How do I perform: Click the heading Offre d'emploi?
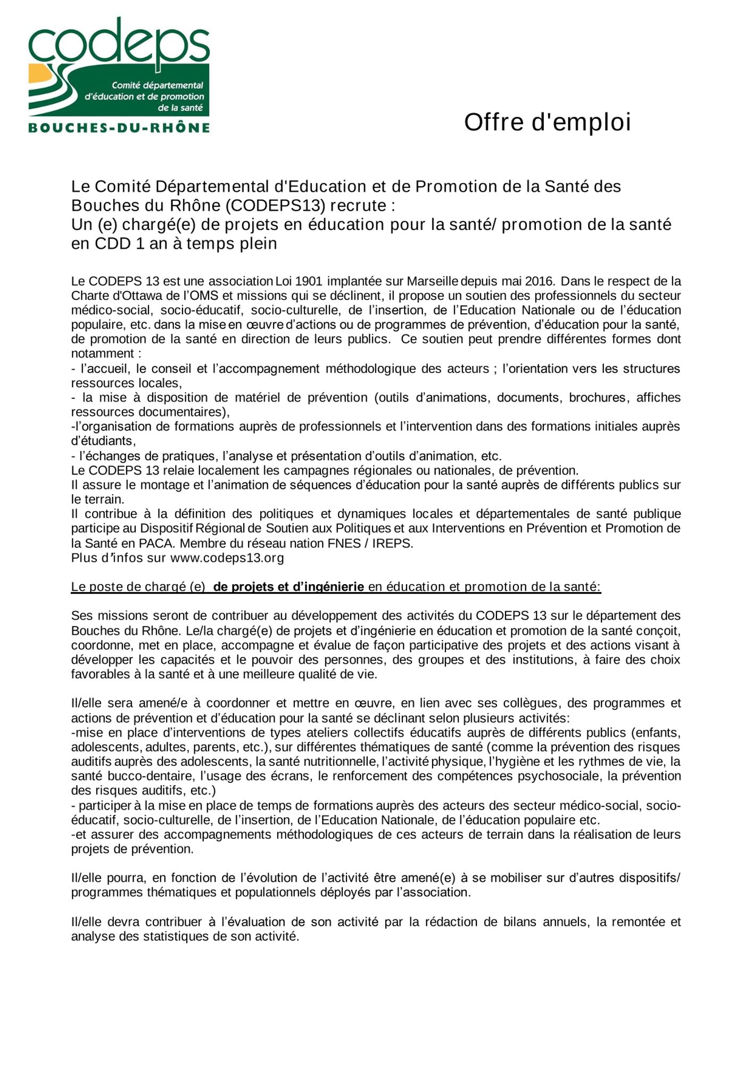(x=547, y=122)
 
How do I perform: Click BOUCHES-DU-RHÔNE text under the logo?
(x=119, y=128)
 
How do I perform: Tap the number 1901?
(x=309, y=281)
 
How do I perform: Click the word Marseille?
(x=433, y=281)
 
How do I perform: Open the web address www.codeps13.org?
(x=227, y=558)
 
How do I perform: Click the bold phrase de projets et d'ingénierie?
(x=288, y=587)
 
